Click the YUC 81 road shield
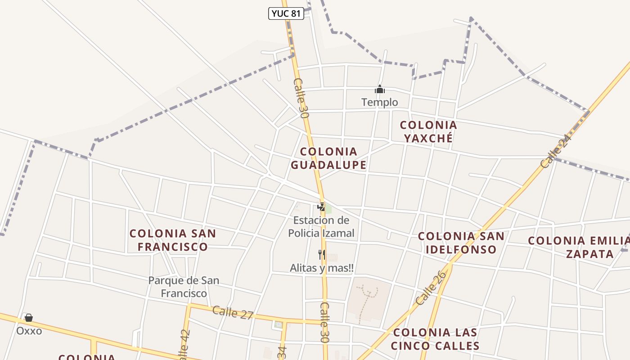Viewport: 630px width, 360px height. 286,13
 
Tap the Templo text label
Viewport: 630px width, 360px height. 380,102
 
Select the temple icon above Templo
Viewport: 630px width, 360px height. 380,90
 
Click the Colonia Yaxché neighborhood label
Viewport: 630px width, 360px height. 428,131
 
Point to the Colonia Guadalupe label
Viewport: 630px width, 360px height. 328,158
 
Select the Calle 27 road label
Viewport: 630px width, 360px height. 233,312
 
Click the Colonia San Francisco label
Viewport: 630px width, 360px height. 173,240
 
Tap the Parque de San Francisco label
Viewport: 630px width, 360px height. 184,287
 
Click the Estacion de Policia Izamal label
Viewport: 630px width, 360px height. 321,226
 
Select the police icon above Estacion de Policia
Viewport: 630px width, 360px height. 321,207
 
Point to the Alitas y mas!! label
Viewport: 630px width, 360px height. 321,268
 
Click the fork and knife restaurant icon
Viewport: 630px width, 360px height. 321,255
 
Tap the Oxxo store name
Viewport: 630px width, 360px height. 29,331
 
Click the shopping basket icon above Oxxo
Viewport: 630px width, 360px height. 29,318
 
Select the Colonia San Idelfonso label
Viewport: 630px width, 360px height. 461,243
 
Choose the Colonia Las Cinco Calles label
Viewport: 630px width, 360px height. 435,339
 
